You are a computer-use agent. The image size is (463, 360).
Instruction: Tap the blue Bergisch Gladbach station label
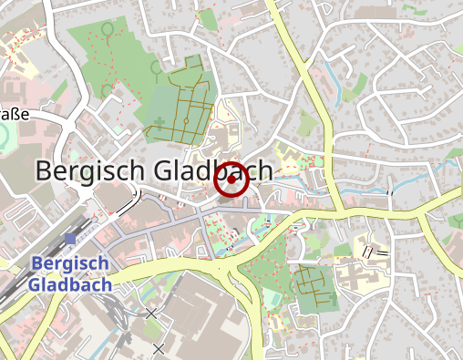[69, 273]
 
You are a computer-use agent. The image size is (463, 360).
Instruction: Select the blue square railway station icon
[70, 239]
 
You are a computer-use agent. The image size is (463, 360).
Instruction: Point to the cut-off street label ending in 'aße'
[15, 114]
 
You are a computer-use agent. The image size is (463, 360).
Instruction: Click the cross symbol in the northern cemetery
[159, 121]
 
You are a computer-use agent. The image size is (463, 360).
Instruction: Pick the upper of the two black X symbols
[150, 314]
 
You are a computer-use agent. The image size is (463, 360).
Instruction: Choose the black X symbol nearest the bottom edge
[159, 348]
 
